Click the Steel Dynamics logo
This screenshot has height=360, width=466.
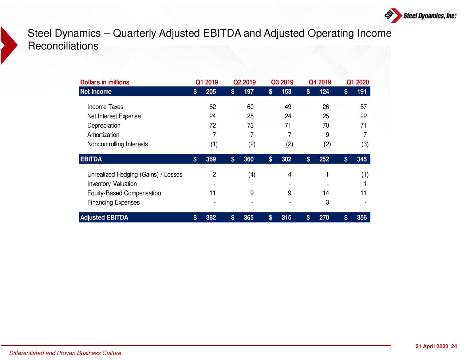(x=420, y=15)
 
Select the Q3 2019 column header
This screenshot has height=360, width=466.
(x=282, y=82)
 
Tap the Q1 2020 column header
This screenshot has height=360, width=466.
(x=358, y=82)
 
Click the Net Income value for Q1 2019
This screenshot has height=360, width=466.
(x=211, y=92)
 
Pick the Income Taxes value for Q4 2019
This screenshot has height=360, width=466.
(x=325, y=107)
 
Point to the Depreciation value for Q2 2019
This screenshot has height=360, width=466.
(x=250, y=126)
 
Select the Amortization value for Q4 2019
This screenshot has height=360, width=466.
(x=327, y=135)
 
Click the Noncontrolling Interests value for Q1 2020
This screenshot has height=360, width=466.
(x=365, y=144)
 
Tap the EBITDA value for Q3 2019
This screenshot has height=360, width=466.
(x=286, y=159)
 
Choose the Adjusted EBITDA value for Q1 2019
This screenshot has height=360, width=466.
(x=211, y=218)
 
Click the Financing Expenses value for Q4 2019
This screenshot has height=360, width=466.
(x=327, y=203)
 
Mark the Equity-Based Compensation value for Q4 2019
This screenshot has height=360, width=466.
(x=325, y=193)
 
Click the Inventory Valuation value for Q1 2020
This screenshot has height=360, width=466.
(x=365, y=184)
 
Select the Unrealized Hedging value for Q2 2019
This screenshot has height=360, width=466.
(x=252, y=175)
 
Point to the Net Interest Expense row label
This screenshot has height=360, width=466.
(x=114, y=116)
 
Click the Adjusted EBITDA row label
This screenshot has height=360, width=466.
(x=104, y=218)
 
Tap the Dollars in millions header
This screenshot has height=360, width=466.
(x=104, y=82)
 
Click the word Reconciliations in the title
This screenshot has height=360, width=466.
(x=63, y=46)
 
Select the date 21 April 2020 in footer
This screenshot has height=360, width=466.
(x=431, y=347)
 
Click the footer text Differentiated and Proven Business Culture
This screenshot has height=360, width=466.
(x=65, y=353)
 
